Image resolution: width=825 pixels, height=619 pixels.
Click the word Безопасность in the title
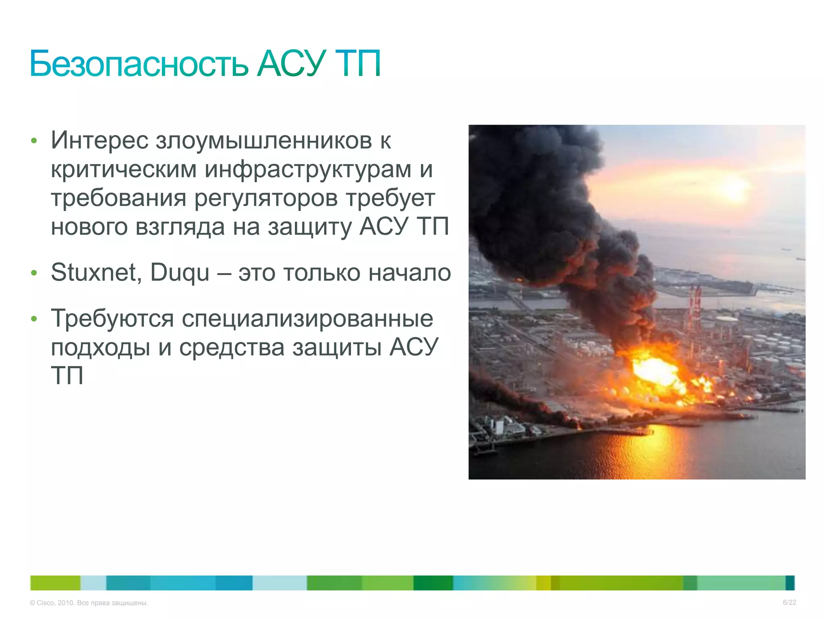tap(139, 64)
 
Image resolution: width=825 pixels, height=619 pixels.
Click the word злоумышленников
tap(264, 141)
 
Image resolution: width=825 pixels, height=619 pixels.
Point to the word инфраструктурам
tap(308, 170)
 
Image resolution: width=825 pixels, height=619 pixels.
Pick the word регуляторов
tap(266, 199)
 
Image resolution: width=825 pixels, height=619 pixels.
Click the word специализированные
tap(307, 319)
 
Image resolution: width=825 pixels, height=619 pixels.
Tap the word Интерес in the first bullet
tap(99, 140)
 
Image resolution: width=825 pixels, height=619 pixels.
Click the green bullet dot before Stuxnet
tap(34, 273)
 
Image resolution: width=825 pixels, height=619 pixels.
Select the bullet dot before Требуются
tap(34, 319)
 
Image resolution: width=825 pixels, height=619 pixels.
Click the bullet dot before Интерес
tap(34, 141)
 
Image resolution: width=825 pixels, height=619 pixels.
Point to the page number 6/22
tap(789, 602)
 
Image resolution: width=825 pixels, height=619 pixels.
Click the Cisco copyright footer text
tap(89, 603)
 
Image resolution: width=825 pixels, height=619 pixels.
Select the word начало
tap(410, 273)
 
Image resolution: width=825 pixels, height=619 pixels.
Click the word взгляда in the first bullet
tap(180, 227)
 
